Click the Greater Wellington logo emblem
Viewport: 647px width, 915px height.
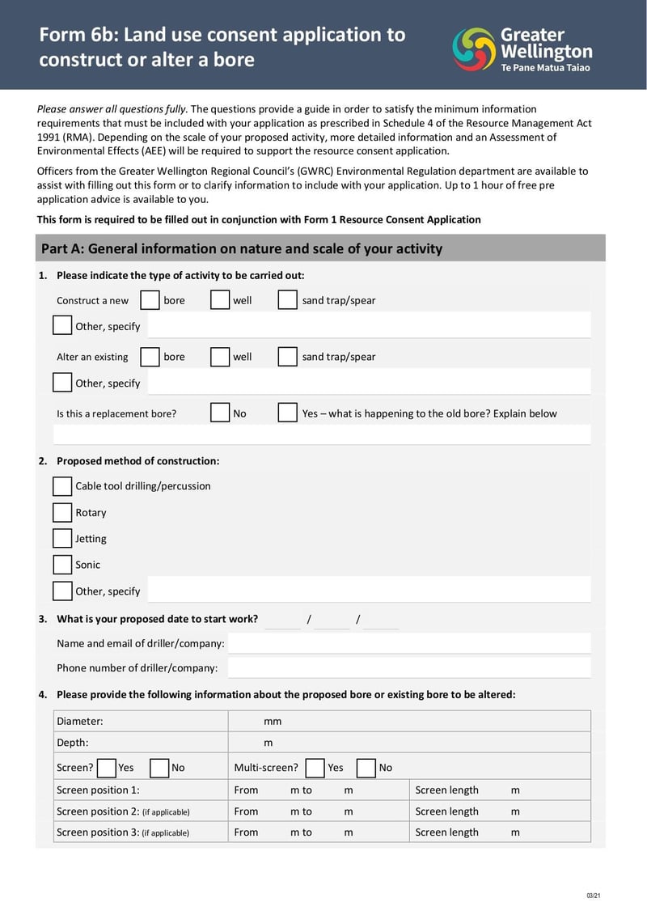474,49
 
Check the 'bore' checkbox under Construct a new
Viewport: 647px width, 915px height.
150,300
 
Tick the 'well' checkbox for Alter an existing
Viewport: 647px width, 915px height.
220,357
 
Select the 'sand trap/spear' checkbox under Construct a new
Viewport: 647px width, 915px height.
287,300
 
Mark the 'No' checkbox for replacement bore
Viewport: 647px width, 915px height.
220,413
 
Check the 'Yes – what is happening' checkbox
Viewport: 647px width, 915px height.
287,413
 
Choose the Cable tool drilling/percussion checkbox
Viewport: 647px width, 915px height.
62,486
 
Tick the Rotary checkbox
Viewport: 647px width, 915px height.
62,512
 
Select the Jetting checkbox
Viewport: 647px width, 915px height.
62,539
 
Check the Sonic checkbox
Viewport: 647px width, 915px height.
62,565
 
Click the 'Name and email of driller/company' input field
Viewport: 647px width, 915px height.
409,643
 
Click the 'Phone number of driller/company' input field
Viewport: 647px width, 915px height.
409,667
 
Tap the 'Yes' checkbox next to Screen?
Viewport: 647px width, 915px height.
107,768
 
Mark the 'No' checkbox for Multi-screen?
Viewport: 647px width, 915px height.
366,768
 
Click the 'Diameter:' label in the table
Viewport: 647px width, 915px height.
80,721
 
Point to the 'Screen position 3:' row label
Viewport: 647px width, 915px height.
98,832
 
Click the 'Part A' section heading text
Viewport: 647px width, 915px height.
242,248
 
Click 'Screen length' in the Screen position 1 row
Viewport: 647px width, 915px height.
446,790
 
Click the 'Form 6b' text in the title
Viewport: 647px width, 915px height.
78,35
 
